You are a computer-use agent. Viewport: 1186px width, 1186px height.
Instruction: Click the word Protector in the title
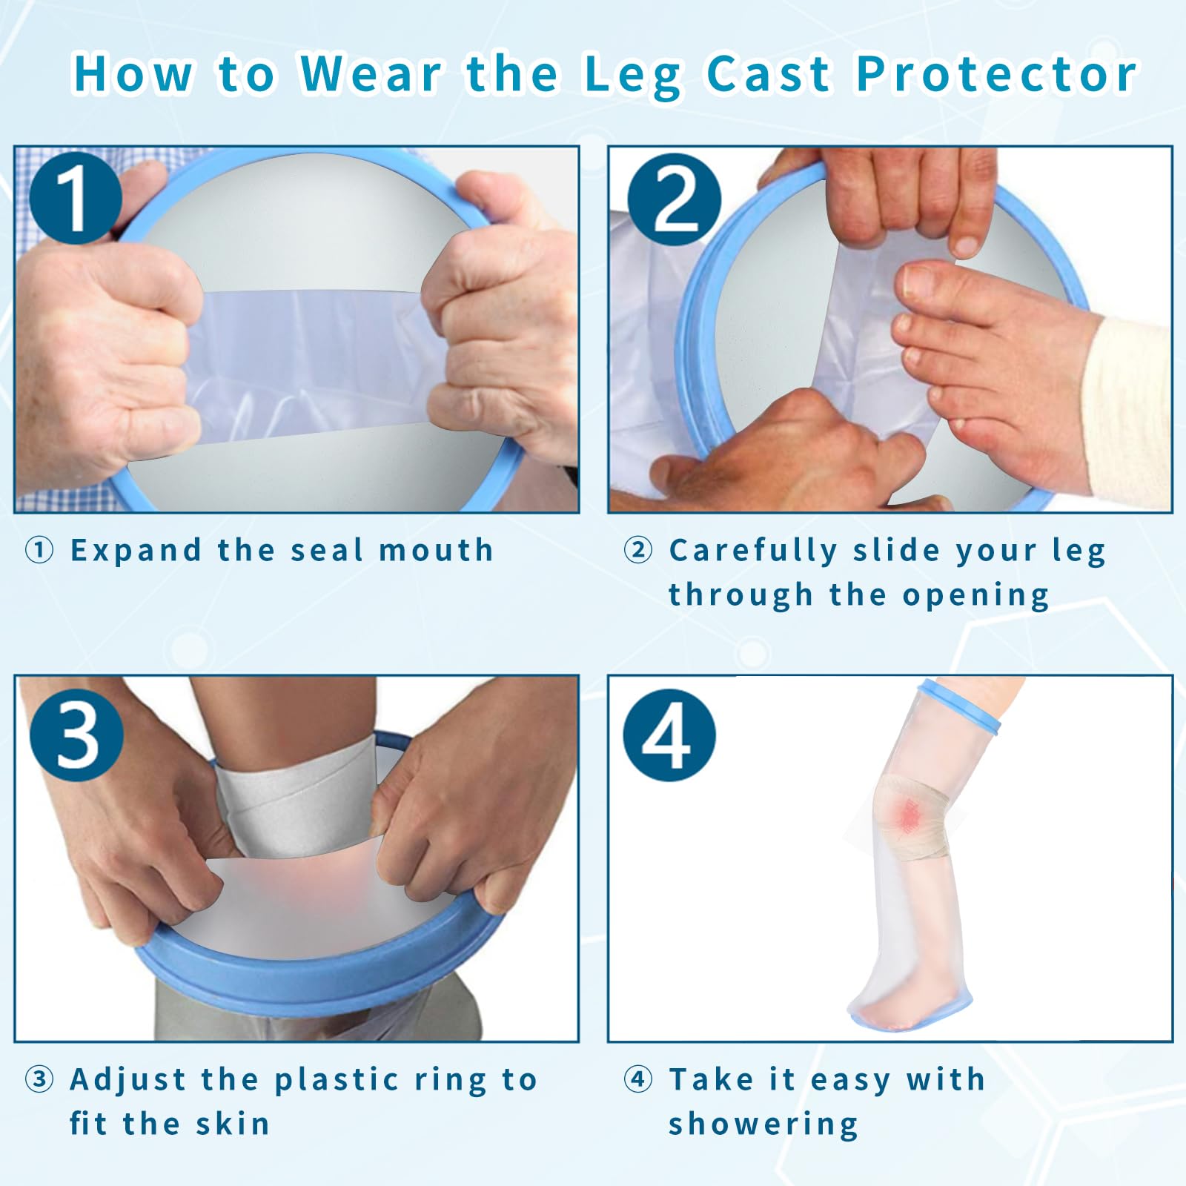coord(996,74)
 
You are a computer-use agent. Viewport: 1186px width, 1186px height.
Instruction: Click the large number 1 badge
coord(76,198)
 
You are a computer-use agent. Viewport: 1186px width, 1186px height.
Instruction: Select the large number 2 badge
coord(674,199)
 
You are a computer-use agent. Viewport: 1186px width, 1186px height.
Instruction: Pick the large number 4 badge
coord(669,735)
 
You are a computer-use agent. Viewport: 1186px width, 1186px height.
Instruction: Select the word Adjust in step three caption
coord(127,1081)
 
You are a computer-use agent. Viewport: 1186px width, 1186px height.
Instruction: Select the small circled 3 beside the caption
coord(39,1080)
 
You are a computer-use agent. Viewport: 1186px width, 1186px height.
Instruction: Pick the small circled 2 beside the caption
coord(637,551)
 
